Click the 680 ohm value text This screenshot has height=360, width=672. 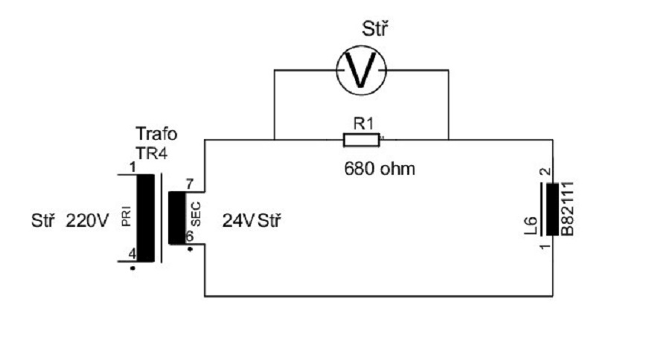(380, 168)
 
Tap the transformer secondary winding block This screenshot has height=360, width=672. (177, 217)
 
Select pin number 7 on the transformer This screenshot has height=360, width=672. (189, 183)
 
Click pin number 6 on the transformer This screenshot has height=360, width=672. (189, 236)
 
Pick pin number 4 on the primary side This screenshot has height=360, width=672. (132, 253)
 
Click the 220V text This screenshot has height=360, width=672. (87, 221)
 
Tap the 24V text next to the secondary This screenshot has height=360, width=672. (238, 221)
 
